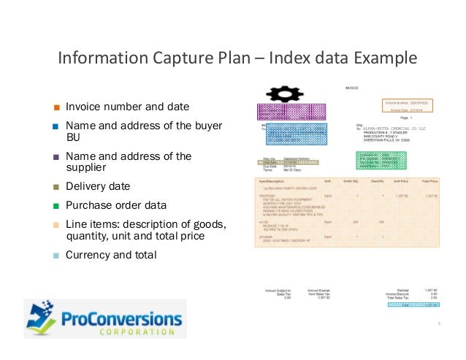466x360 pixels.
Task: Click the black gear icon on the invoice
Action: click(x=280, y=93)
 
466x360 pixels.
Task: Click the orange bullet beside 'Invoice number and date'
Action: click(x=56, y=107)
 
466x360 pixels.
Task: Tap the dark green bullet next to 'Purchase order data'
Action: click(x=56, y=205)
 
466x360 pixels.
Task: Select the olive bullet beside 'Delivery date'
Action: click(x=56, y=186)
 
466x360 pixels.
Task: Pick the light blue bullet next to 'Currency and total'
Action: click(x=56, y=256)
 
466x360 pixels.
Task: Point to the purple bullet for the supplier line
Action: click(x=56, y=156)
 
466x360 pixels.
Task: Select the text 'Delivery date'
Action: click(x=98, y=186)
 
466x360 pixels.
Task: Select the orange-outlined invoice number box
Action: click(x=407, y=107)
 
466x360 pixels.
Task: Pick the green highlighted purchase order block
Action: click(x=373, y=161)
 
